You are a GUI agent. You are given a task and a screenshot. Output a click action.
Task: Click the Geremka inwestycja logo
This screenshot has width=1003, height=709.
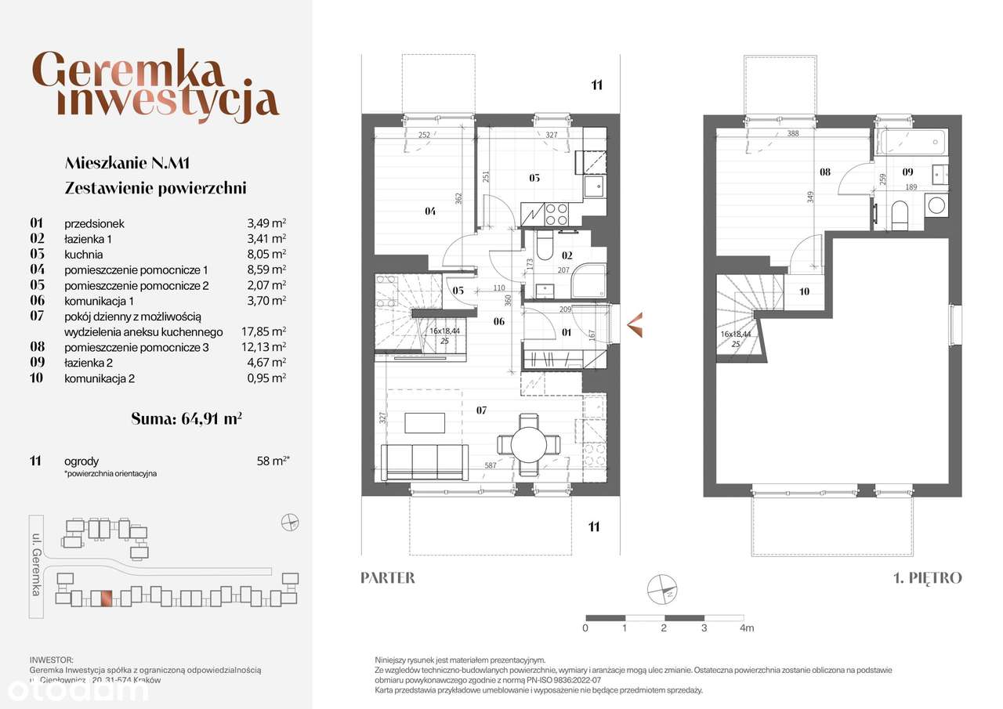pos(156,86)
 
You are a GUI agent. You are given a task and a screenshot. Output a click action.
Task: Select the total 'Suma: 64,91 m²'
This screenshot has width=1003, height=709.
pos(186,418)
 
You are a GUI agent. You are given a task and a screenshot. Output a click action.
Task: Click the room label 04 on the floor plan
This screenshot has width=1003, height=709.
pos(431,210)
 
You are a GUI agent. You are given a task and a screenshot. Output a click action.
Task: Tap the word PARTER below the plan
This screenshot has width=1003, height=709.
pos(388,578)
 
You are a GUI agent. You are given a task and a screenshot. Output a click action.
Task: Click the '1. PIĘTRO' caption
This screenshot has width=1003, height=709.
pos(928,578)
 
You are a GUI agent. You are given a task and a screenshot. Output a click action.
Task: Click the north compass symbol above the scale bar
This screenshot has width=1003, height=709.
pos(662,588)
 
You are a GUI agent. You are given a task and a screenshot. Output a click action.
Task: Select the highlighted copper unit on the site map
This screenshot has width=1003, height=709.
pos(101,598)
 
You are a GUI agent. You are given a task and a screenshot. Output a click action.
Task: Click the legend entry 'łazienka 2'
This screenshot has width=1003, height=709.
pos(88,362)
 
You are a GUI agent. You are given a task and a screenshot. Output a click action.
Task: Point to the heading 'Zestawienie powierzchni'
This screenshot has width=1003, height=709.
pos(155,188)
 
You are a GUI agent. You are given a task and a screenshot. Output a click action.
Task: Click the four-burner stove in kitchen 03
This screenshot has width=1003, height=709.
pos(556,213)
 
